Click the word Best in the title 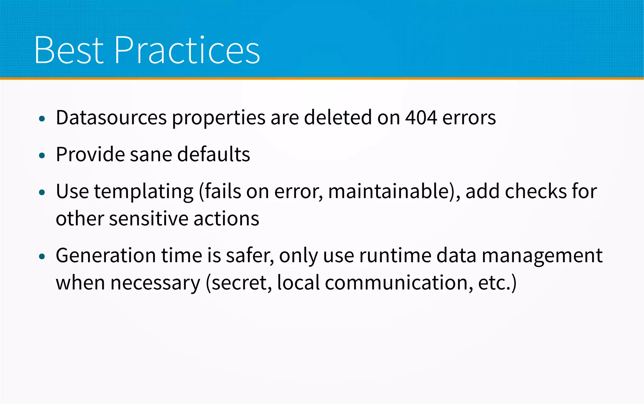pyautogui.click(x=69, y=50)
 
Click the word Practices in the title pyautogui.click(x=187, y=50)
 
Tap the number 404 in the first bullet pyautogui.click(x=421, y=118)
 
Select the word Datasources pyautogui.click(x=111, y=118)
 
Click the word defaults pyautogui.click(x=214, y=154)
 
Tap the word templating pyautogui.click(x=144, y=192)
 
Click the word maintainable pyautogui.click(x=390, y=192)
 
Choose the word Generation pyautogui.click(x=106, y=256)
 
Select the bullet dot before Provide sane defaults pyautogui.click(x=42, y=155)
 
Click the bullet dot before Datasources pyautogui.click(x=42, y=119)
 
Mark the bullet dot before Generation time pyautogui.click(x=42, y=257)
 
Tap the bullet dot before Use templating pyautogui.click(x=42, y=192)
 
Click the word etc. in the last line pyautogui.click(x=494, y=283)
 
